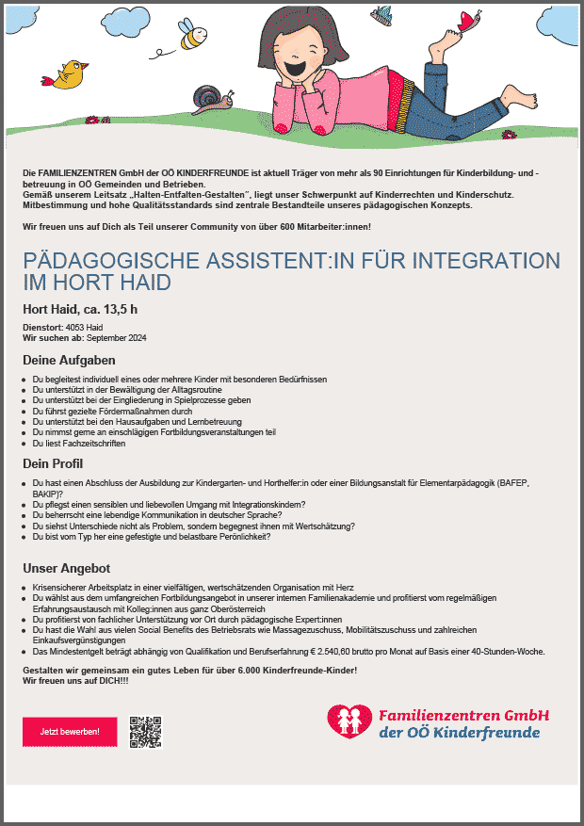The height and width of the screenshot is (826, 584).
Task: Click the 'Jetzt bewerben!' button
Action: coord(63,732)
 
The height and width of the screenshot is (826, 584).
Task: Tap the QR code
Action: coord(146,732)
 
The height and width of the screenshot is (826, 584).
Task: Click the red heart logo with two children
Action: coord(349,721)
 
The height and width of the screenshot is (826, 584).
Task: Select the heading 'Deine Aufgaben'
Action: coord(69,360)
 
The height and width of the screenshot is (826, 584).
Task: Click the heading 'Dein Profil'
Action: coord(55,463)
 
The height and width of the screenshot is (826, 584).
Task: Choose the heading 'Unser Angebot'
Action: coord(67,568)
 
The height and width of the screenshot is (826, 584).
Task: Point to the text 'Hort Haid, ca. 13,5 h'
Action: coord(80,308)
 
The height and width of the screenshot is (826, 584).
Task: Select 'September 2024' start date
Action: coord(117,337)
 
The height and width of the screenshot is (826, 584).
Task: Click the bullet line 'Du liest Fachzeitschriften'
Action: coord(79,443)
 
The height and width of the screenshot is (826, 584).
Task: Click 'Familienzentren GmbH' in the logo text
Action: coord(463,715)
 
